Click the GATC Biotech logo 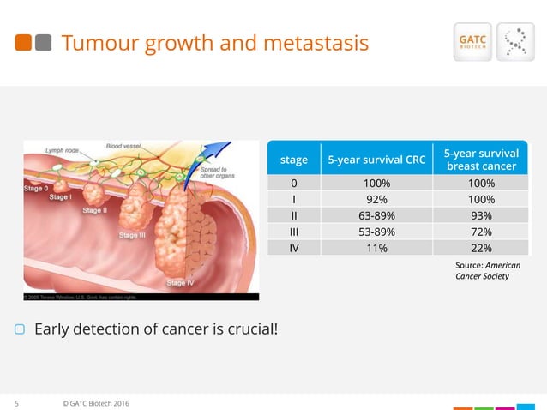pyautogui.click(x=472, y=43)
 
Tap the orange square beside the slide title pyautogui.click(x=21, y=42)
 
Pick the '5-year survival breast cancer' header pyautogui.click(x=480, y=159)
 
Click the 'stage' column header pyautogui.click(x=293, y=159)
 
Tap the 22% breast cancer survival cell pyautogui.click(x=480, y=249)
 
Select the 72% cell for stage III pyautogui.click(x=480, y=232)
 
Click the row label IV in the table pyautogui.click(x=293, y=249)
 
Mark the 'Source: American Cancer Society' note pyautogui.click(x=486, y=271)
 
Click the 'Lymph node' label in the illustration pyautogui.click(x=62, y=150)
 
